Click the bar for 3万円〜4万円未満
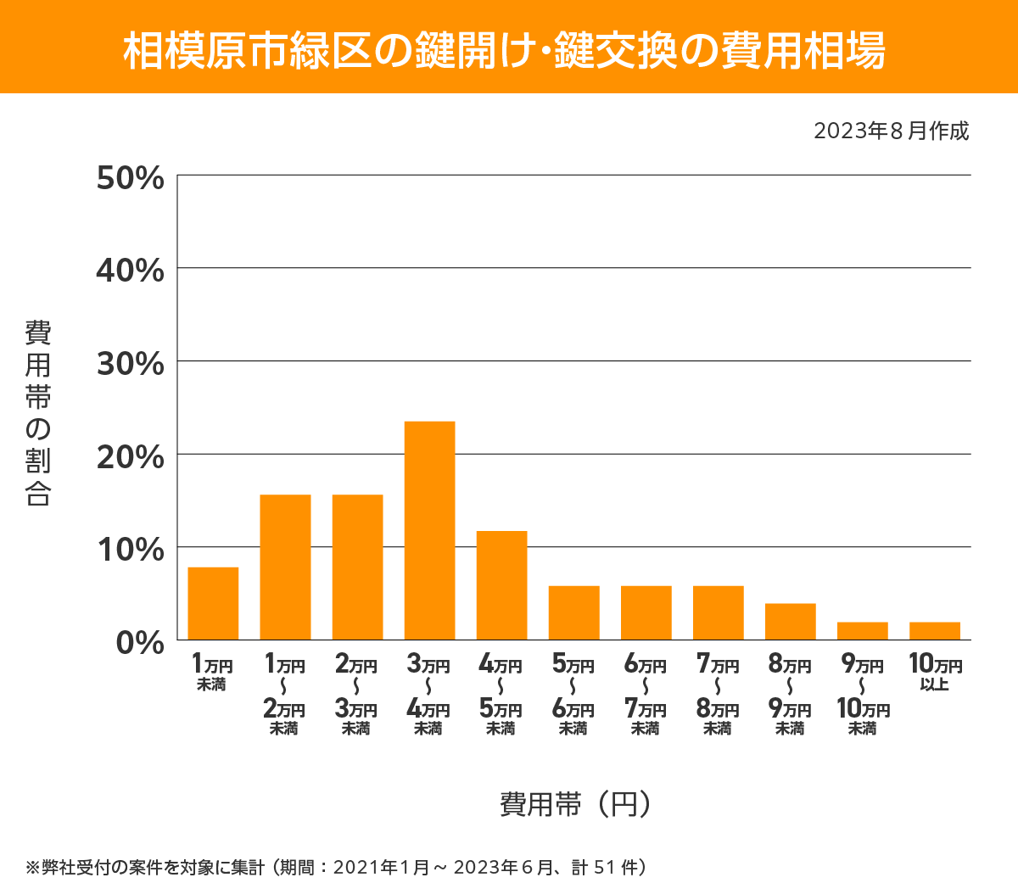(429, 530)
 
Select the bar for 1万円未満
(213, 603)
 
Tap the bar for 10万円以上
(935, 630)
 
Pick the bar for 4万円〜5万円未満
(501, 585)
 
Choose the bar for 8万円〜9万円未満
(790, 621)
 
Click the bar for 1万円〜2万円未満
(285, 567)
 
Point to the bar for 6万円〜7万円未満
(646, 612)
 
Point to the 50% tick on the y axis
(130, 178)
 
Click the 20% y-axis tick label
(130, 457)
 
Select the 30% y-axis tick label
(130, 364)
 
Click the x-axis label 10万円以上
(935, 672)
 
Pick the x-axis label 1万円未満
(212, 672)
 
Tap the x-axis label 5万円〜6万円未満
(573, 696)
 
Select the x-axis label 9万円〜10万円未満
(863, 696)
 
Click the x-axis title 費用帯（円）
(575, 803)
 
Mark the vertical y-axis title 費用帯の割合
(38, 412)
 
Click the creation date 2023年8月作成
(891, 131)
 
